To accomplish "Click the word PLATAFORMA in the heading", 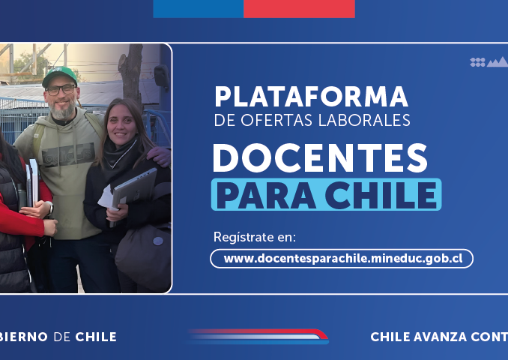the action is [x=311, y=97].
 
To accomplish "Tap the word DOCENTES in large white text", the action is [x=320, y=158].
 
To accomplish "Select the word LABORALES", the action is [x=364, y=120].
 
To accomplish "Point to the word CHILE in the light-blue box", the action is [x=381, y=195].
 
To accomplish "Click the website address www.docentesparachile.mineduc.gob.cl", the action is [x=343, y=259].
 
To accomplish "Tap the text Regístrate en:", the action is [x=255, y=237].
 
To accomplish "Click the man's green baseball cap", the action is [x=60, y=76].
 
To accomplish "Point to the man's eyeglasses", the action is [x=61, y=90].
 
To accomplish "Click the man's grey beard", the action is [x=62, y=109].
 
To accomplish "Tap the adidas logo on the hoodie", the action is [x=68, y=154].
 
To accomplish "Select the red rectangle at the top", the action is [x=299, y=9].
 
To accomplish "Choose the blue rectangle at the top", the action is [x=199, y=9].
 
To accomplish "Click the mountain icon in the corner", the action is [x=498, y=62].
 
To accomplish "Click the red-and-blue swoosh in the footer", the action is [x=258, y=336].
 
